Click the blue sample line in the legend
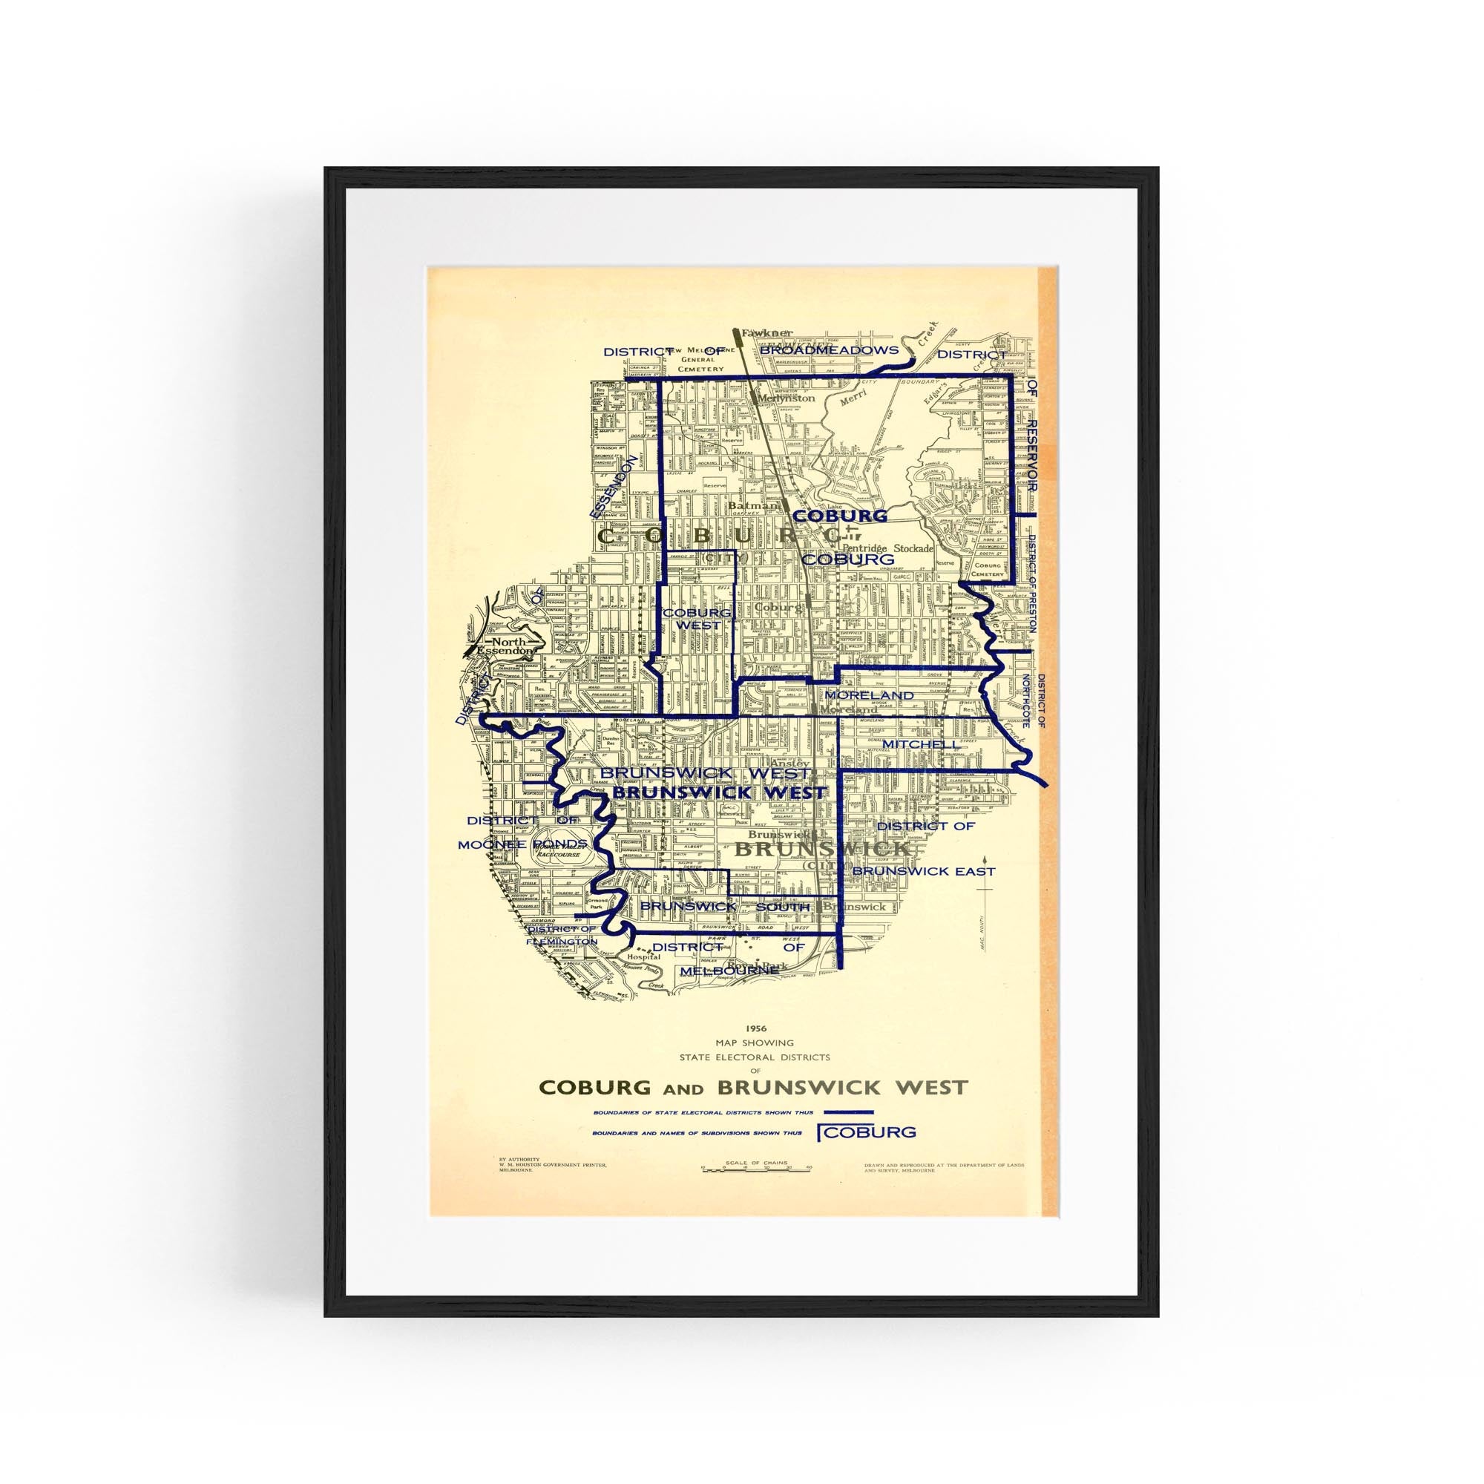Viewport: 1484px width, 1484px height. pyautogui.click(x=848, y=1112)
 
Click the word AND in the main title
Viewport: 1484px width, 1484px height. pyautogui.click(x=683, y=1088)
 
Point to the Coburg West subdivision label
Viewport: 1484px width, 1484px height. pyautogui.click(x=697, y=619)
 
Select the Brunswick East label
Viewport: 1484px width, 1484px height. pyautogui.click(x=923, y=871)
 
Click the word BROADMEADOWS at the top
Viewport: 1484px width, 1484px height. pyautogui.click(x=829, y=350)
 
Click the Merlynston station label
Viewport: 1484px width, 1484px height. pyautogui.click(x=785, y=398)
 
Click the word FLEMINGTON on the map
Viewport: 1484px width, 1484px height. pyautogui.click(x=562, y=941)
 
